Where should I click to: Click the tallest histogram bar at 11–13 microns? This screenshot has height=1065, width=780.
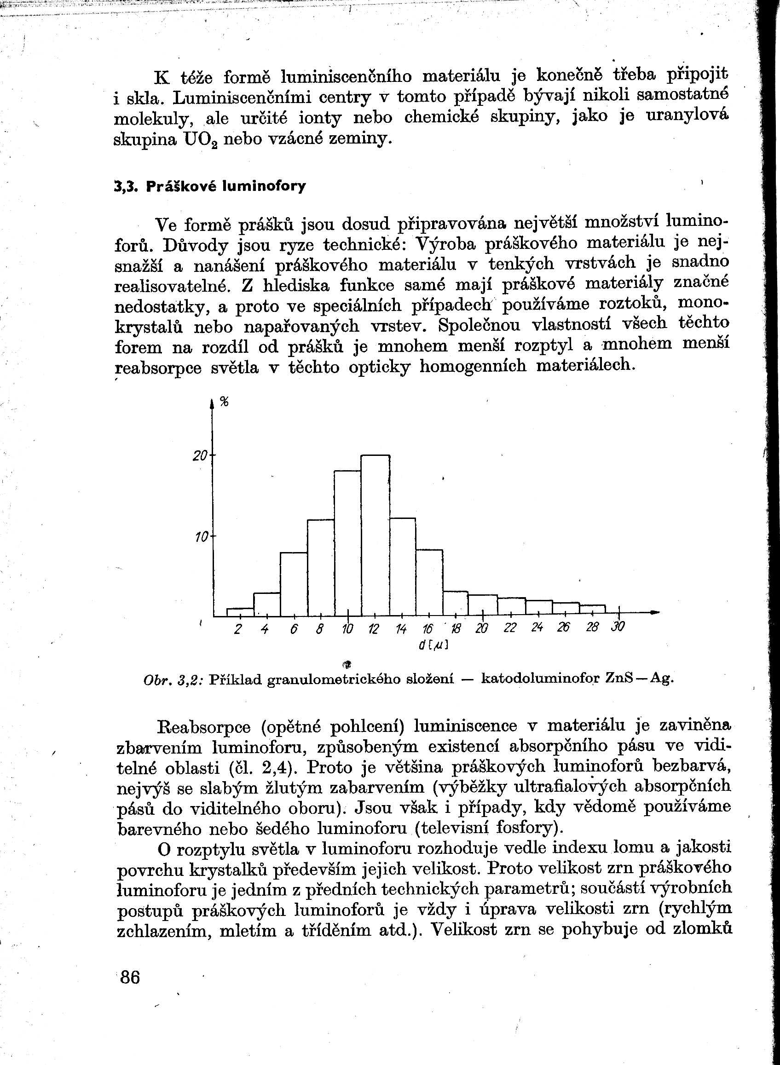[376, 535]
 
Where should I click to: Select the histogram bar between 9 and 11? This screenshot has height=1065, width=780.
[347, 543]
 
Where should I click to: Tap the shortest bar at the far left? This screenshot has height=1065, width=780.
[240, 612]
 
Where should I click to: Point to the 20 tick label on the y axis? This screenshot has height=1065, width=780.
[200, 456]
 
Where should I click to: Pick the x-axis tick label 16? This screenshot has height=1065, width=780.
[428, 628]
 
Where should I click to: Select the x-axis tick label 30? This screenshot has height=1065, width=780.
[618, 627]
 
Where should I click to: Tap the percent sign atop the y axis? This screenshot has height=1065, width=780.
[225, 402]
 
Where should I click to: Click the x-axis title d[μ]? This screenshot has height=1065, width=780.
[433, 645]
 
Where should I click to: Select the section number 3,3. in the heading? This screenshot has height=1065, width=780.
[126, 186]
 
